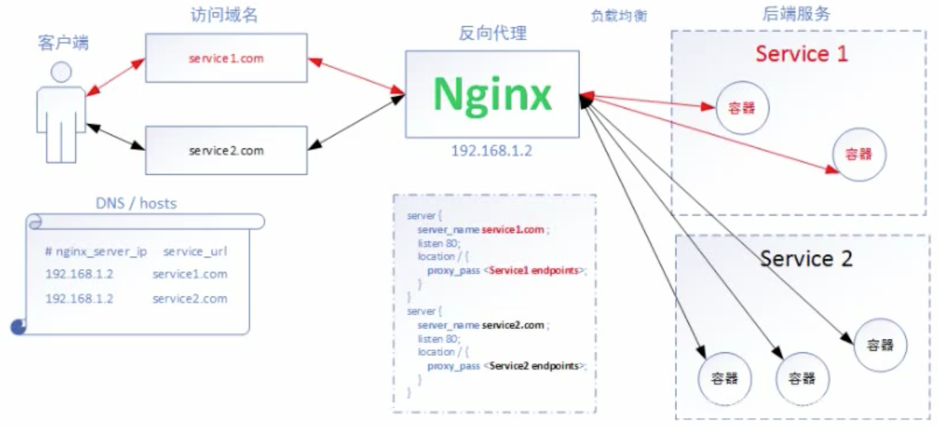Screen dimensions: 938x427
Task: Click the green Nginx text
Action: click(x=493, y=95)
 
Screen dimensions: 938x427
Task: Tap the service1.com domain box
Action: click(x=226, y=57)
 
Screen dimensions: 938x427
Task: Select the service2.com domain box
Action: click(x=226, y=150)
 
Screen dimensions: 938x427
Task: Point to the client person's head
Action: click(x=61, y=72)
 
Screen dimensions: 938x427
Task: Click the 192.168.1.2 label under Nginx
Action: click(x=491, y=151)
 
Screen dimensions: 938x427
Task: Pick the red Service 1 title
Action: click(x=801, y=54)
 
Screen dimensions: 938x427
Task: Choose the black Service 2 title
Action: click(x=806, y=259)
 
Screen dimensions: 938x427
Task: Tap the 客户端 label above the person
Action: click(x=63, y=42)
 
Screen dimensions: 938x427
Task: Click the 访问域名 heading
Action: click(x=224, y=14)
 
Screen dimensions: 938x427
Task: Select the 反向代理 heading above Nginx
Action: click(x=493, y=33)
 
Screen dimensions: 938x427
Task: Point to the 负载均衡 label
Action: click(x=619, y=16)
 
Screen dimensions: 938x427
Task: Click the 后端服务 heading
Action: click(x=796, y=14)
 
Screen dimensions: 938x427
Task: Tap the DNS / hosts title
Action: click(x=136, y=204)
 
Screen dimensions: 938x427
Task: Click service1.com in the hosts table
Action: click(x=189, y=274)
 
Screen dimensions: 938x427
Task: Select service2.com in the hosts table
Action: click(x=189, y=299)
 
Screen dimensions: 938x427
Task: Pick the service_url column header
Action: click(x=195, y=251)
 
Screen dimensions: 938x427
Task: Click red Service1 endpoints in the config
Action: click(x=534, y=270)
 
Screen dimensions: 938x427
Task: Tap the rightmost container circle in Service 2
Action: click(x=881, y=345)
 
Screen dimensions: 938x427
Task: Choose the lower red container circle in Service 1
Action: click(x=859, y=155)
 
